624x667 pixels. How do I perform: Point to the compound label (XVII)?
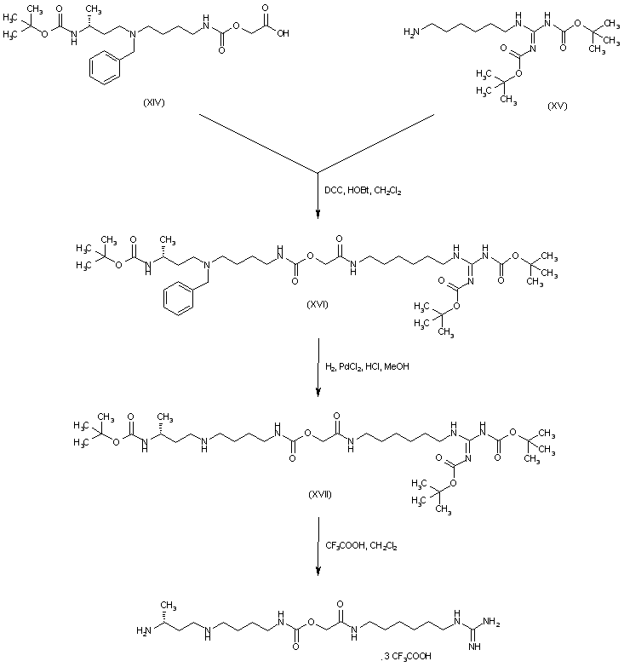tap(318, 493)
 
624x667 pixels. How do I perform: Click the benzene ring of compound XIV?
tap(105, 75)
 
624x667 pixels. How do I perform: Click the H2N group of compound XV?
tap(411, 32)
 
